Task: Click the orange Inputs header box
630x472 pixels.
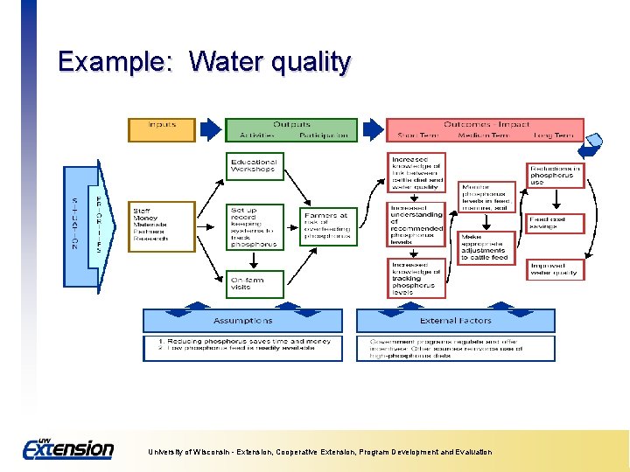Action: tap(162, 130)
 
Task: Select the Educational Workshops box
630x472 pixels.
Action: tap(255, 166)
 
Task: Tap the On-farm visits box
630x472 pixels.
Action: tap(255, 282)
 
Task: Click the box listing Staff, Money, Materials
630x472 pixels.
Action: tap(162, 226)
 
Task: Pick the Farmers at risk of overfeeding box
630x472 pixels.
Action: tap(328, 226)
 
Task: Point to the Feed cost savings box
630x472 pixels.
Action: tap(556, 223)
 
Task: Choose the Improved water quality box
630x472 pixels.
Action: tap(556, 268)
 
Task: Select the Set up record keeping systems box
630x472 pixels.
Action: tap(255, 226)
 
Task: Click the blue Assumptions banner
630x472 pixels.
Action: tap(243, 321)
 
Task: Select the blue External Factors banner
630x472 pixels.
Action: tap(455, 321)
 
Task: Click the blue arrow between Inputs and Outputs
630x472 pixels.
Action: tap(210, 130)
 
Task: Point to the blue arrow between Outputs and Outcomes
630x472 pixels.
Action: tap(372, 130)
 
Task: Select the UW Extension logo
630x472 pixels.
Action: tap(67, 448)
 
